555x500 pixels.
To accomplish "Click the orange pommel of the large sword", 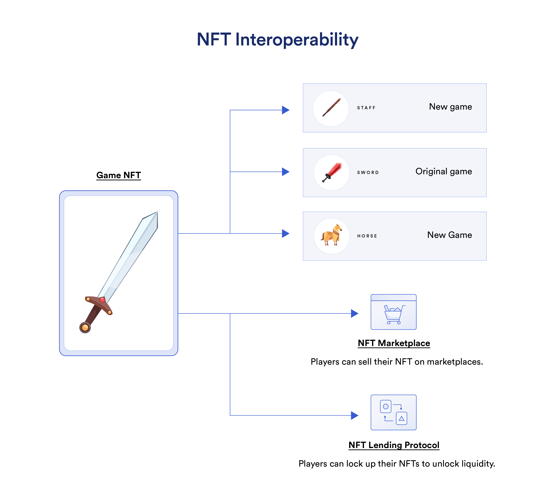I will tap(85, 328).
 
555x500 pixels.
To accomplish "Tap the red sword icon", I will tap(332, 172).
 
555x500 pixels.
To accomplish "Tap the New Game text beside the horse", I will tap(449, 235).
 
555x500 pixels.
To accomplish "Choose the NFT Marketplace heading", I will tap(394, 343).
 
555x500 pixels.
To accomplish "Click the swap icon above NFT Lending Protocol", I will tap(394, 412).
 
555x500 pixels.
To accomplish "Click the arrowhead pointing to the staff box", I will tap(285, 110).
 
